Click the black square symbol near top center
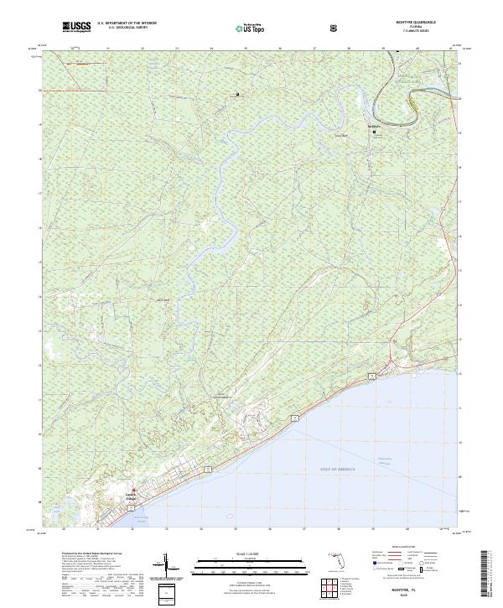pyautogui.click(x=237, y=94)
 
